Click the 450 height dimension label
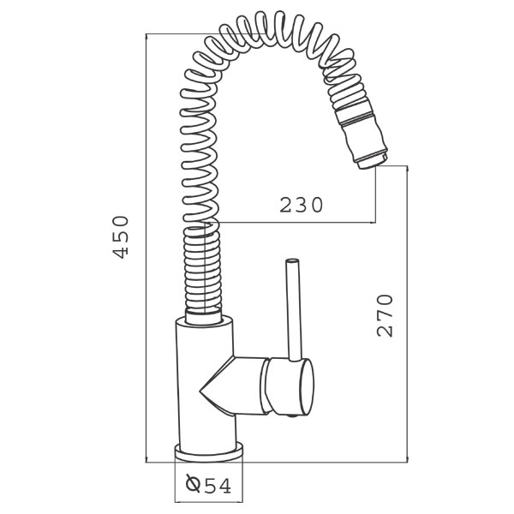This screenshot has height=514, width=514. click(x=120, y=237)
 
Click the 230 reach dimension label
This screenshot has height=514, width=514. click(x=302, y=205)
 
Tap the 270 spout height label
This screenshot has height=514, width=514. click(x=385, y=315)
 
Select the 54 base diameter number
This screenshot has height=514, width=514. click(x=218, y=486)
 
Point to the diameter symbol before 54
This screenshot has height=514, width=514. click(x=193, y=483)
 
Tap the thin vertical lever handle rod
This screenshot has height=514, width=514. click(x=295, y=310)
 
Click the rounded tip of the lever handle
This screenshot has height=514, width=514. click(x=292, y=261)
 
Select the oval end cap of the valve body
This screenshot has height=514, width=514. click(x=307, y=387)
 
